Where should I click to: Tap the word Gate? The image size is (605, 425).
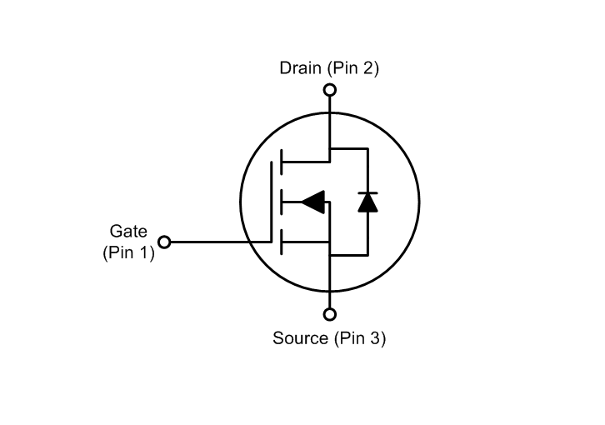(x=128, y=230)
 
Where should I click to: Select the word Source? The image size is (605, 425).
(x=301, y=339)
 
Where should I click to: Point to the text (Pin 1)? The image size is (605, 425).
(x=128, y=252)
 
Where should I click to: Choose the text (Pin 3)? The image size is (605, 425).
(x=359, y=339)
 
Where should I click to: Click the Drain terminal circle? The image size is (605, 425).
(x=330, y=89)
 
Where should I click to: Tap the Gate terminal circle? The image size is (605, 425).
(x=164, y=242)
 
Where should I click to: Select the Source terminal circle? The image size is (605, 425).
(x=330, y=314)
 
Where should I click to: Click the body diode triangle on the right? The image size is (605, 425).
(x=367, y=202)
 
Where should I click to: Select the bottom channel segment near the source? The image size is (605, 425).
(x=281, y=242)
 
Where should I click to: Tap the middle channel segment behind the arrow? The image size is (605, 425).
(x=281, y=201)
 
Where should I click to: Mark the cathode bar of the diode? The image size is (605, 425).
(x=367, y=192)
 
